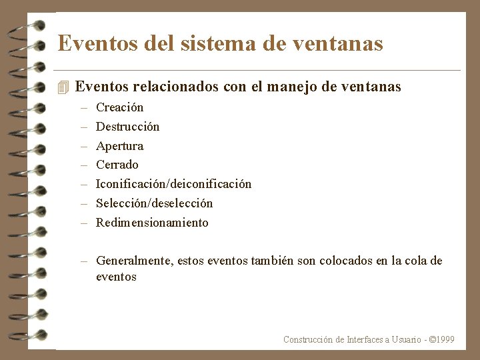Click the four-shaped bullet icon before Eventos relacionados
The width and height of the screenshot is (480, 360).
(x=63, y=87)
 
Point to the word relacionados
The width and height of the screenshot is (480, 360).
(x=175, y=87)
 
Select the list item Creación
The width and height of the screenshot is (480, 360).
(x=119, y=107)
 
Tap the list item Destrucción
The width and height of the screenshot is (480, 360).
(x=127, y=127)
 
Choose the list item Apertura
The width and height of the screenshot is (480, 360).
(x=119, y=146)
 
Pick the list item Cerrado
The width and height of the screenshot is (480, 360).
(x=117, y=165)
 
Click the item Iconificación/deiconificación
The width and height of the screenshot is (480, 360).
(x=173, y=184)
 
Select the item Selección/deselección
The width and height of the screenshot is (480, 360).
(x=154, y=203)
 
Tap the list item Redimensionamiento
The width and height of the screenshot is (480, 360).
(x=152, y=223)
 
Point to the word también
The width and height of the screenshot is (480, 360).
(x=272, y=261)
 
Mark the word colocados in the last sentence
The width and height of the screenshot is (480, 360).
(x=345, y=261)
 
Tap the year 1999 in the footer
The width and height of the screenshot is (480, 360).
(x=443, y=340)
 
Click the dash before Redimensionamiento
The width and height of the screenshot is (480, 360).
(x=85, y=223)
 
